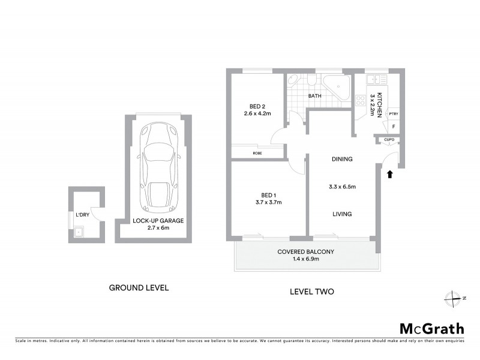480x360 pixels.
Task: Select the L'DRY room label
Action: [82, 215]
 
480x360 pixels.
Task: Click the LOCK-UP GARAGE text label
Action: [158, 221]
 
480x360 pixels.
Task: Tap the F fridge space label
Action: [393, 127]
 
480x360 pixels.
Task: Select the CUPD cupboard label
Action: [388, 140]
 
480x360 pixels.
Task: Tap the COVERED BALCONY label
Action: [305, 251]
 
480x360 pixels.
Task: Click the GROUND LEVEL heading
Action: [139, 287]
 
